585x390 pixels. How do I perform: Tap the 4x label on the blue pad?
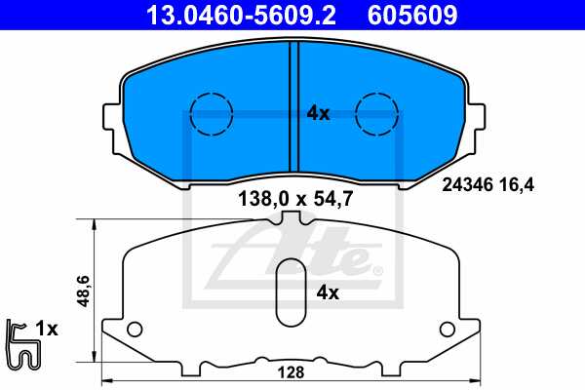(318, 113)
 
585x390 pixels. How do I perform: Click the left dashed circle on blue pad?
(210, 113)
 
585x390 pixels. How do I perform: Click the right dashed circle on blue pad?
(375, 113)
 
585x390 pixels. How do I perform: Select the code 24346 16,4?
(487, 182)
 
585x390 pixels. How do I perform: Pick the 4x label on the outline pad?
(328, 292)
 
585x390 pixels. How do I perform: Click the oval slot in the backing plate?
(290, 292)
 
